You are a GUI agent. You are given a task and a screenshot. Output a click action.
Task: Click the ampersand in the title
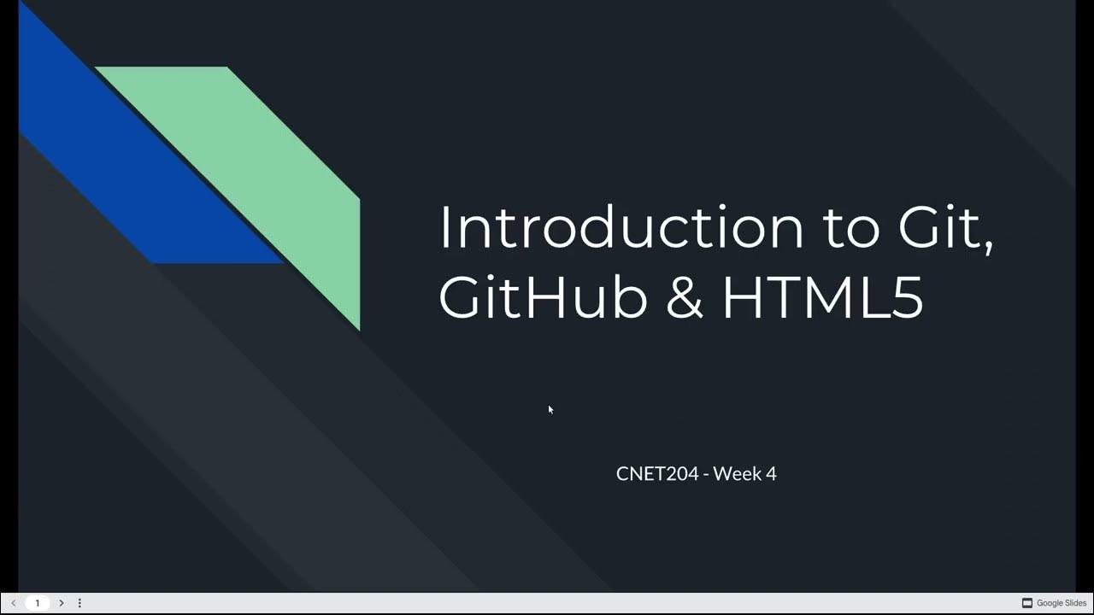pos(684,298)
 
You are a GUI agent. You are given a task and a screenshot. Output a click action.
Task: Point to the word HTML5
pos(823,298)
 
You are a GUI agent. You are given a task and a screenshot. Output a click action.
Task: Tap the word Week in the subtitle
pos(733,473)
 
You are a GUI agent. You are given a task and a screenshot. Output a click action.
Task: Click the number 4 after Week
pos(771,473)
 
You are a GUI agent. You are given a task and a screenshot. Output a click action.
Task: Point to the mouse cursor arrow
pos(550,409)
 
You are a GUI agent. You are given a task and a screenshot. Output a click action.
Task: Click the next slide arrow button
pos(62,603)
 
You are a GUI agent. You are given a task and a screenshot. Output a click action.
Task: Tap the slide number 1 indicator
pos(37,603)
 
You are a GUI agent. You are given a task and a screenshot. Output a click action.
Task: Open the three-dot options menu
pos(79,603)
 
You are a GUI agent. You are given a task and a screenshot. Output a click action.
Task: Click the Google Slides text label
pos(1062,603)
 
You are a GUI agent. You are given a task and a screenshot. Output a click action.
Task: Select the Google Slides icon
pos(1027,603)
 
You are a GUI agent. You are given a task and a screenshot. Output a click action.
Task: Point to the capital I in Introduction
pos(444,228)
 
